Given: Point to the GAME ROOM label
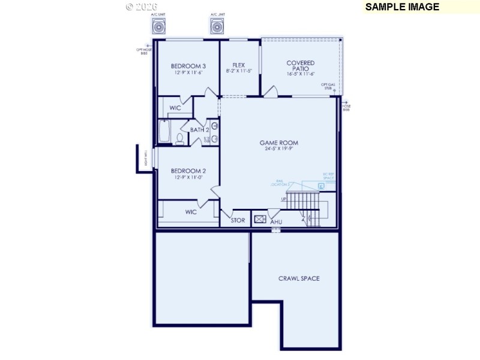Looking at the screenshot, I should pyautogui.click(x=278, y=143).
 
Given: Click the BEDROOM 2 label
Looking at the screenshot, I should pyautogui.click(x=188, y=170).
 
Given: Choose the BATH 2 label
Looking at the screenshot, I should pyautogui.click(x=199, y=130).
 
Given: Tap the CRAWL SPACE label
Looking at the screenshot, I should pyautogui.click(x=299, y=278).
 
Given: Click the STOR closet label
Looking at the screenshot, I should pyautogui.click(x=238, y=220).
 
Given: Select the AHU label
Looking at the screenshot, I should pyautogui.click(x=276, y=222).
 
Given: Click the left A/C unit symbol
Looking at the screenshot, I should pyautogui.click(x=159, y=27).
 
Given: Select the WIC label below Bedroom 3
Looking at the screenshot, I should pyautogui.click(x=175, y=108).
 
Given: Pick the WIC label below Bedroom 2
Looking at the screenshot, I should pyautogui.click(x=191, y=212).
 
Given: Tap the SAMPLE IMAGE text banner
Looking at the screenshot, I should pyautogui.click(x=402, y=7).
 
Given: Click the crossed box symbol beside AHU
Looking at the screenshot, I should pyautogui.click(x=260, y=219).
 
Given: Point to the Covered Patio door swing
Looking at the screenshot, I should pyautogui.click(x=271, y=91).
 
